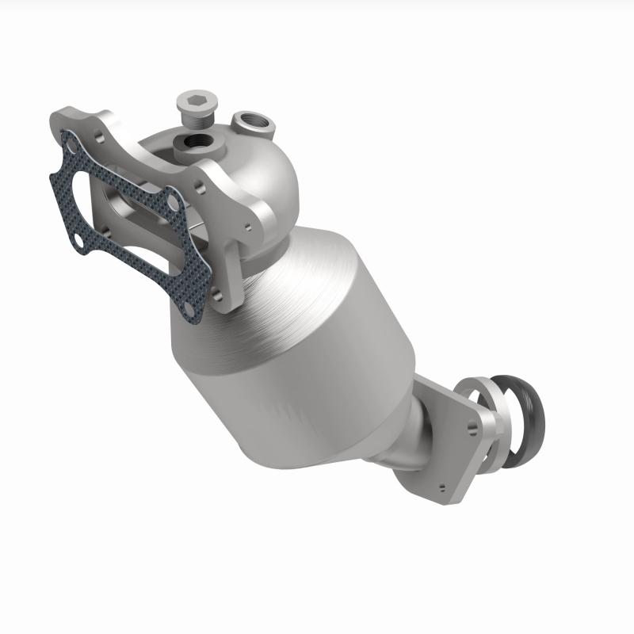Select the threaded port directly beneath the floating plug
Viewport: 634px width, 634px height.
point(195,143)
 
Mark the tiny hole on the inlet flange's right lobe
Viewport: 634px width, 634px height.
point(248,226)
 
